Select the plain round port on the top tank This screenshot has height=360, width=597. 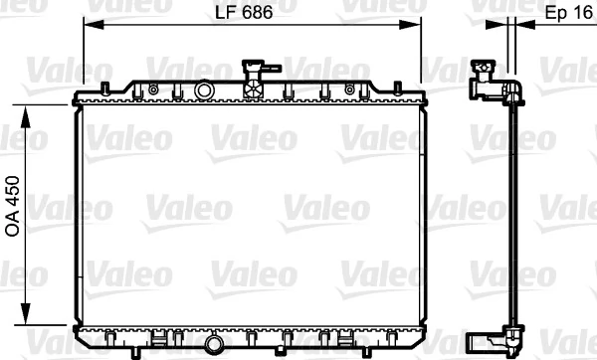204,90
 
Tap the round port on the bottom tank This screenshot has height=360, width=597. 214,346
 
